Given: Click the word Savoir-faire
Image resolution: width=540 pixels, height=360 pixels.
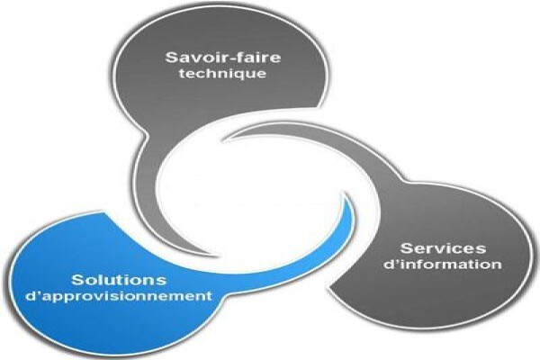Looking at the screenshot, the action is pos(223,58).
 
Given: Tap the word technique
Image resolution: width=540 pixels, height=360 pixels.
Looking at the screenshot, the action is pos(223,74).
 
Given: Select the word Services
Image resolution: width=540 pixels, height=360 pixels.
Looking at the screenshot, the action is pos(443,248).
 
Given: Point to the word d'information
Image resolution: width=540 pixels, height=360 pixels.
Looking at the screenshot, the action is pos(443,265).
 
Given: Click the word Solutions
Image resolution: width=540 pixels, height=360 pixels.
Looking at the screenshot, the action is pos(119,280).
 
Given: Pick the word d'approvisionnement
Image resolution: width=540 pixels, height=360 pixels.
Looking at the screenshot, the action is pos(119,297).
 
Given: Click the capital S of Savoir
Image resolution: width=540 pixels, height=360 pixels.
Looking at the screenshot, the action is pos(172,58).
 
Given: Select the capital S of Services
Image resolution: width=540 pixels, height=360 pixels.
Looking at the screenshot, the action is pos(407,248).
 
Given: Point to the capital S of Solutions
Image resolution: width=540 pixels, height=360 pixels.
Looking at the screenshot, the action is pos(77,280).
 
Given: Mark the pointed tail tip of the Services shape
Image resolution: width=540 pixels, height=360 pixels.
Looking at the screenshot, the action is pos(224,139).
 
